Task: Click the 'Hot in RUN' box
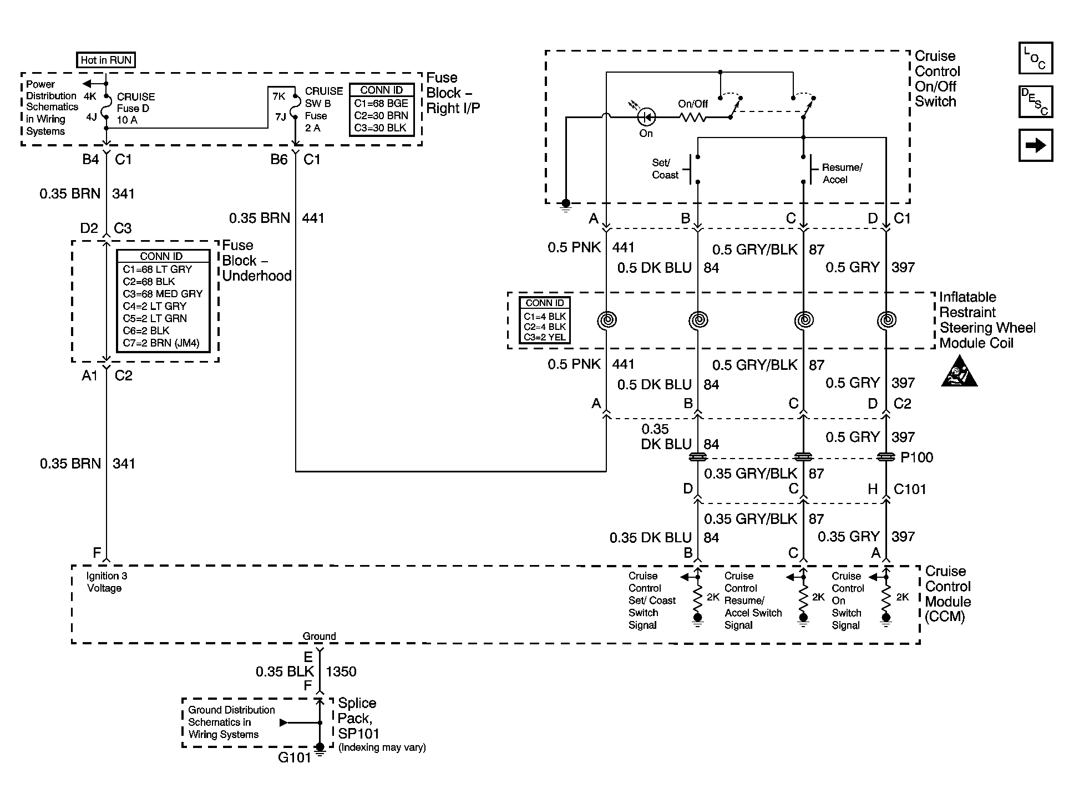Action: coord(105,60)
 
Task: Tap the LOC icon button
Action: coord(1035,58)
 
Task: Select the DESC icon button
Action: coord(1035,102)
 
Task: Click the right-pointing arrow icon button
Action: coord(1035,145)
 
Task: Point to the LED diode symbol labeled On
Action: coord(646,117)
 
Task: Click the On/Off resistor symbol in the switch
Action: coord(692,117)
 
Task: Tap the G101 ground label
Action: coord(294,757)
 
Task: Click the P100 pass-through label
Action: coord(916,457)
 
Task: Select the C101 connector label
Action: coord(910,489)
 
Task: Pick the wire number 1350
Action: coord(341,671)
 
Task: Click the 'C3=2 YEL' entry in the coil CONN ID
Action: coord(544,337)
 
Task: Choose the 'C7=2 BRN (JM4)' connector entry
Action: coord(161,343)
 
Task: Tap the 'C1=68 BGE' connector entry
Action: coord(381,103)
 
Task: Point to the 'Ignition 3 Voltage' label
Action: coord(107,582)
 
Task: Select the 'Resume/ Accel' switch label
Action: coord(842,174)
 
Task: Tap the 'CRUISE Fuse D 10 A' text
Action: coord(136,108)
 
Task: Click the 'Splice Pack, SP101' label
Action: coord(359,719)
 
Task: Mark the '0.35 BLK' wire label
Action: coord(285,671)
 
